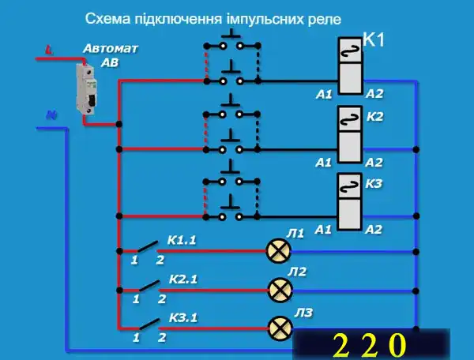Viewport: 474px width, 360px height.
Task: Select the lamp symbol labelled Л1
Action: pos(278,251)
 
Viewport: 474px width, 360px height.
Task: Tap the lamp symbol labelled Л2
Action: pos(278,290)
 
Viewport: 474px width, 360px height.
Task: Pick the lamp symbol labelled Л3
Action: pos(278,327)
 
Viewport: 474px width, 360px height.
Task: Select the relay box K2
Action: pos(349,133)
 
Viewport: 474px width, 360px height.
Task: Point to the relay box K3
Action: pos(349,201)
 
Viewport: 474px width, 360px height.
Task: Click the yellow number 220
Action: pos(369,346)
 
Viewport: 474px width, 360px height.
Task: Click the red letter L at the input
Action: pos(49,51)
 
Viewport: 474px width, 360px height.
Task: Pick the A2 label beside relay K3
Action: pos(374,230)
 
